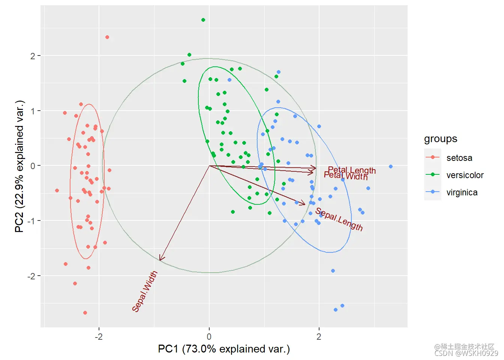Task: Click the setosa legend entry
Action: tap(459, 158)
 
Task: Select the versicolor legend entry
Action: tap(465, 175)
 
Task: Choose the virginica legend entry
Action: tap(462, 192)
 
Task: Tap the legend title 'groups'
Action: tap(440, 139)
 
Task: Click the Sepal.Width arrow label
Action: tap(145, 291)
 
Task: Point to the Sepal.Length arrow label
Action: tap(339, 219)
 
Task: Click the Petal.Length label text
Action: tap(352, 170)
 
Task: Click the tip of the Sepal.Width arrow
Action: tap(160, 260)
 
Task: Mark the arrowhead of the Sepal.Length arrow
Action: tap(304, 204)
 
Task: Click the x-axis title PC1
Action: tap(224, 349)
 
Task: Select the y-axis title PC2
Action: tap(19, 166)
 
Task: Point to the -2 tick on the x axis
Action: tap(99, 336)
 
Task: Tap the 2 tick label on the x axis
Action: tap(319, 336)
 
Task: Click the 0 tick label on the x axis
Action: tap(209, 336)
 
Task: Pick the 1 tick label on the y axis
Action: tap(33, 111)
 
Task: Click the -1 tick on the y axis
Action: tap(31, 221)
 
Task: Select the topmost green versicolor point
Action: tap(203, 20)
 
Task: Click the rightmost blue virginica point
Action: tap(391, 166)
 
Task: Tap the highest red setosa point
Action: tap(107, 37)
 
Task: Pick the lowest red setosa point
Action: tap(85, 313)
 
